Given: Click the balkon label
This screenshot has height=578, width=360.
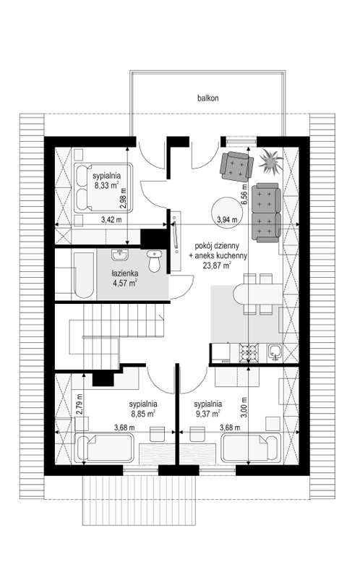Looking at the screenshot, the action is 207,98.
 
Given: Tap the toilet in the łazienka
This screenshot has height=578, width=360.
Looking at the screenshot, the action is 154,260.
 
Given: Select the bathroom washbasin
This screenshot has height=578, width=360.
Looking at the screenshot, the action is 119,255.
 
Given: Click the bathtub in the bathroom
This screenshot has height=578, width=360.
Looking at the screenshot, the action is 82,275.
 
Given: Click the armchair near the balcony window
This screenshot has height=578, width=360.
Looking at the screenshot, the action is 236,166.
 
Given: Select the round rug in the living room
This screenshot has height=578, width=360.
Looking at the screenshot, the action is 227,213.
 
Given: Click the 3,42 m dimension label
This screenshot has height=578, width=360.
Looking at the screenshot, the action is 111,220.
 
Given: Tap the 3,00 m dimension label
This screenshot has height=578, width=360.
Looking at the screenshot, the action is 244,407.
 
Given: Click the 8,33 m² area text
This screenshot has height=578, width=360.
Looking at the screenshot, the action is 106,186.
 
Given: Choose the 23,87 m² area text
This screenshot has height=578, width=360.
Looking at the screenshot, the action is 217,264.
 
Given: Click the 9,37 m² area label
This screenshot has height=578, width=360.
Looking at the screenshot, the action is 207,414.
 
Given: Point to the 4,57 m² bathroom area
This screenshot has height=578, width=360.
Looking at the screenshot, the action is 125,283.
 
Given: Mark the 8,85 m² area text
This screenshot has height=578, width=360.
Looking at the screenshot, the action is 143,414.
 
